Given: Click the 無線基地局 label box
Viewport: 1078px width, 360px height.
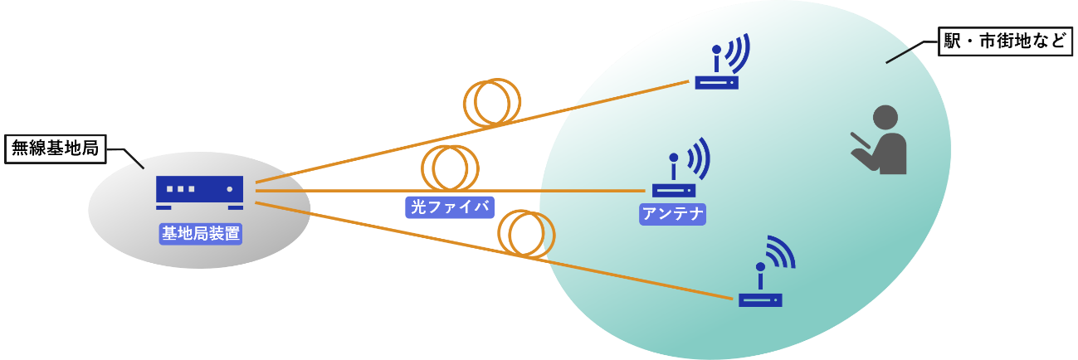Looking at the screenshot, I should coord(56,149).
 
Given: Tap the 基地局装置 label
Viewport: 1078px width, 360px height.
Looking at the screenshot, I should coord(201,233).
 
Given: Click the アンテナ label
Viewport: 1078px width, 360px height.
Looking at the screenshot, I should coord(672,214).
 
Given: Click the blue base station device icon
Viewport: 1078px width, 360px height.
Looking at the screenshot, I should coord(200,191).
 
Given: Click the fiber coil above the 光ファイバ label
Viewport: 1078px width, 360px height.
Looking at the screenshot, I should coord(451,168).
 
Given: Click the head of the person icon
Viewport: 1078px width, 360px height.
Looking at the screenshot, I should coord(885,118).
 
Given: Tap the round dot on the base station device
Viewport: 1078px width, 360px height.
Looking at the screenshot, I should coord(230,189).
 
